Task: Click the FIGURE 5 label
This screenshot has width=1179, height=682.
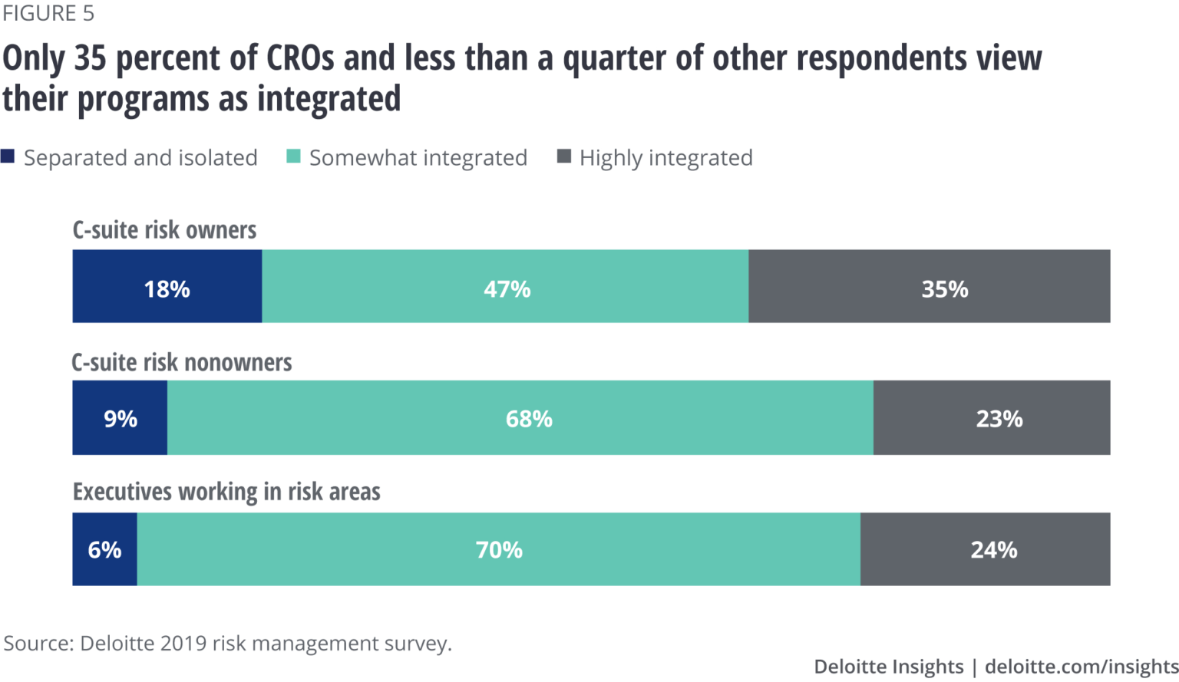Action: tap(48, 13)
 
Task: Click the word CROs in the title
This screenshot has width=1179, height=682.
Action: tap(300, 58)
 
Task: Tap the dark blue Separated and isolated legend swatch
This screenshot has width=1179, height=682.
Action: tap(8, 156)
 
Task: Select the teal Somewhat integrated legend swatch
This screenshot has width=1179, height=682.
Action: tap(293, 156)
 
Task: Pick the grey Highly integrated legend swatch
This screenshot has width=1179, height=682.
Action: tap(563, 156)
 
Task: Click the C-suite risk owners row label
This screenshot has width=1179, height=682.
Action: tap(164, 230)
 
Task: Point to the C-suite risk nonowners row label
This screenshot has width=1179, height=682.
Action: tap(182, 362)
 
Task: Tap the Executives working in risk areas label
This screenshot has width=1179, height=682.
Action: tap(226, 492)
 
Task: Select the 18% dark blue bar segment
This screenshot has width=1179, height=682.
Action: tap(167, 286)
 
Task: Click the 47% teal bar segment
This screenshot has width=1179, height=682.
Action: tap(506, 286)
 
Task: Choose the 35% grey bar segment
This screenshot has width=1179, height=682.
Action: tap(930, 286)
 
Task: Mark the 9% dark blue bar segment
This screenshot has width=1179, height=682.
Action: tap(121, 418)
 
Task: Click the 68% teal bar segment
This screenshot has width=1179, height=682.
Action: tap(520, 418)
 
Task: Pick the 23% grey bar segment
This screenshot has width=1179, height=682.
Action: tap(992, 418)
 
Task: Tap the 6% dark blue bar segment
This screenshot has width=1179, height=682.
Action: tap(105, 549)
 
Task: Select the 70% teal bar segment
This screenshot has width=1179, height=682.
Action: tap(499, 549)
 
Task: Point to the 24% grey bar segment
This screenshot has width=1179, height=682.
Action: tap(986, 549)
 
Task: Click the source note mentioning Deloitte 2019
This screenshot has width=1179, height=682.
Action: tap(228, 643)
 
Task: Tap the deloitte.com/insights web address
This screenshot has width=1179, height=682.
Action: tap(1082, 667)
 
